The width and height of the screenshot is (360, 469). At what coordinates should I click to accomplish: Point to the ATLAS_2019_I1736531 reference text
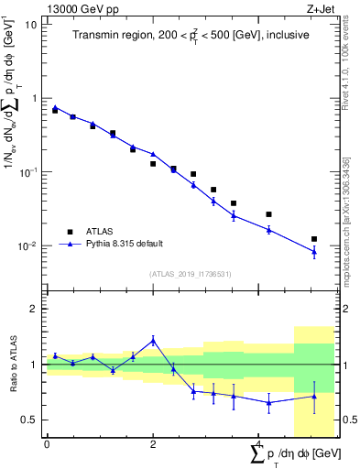(191, 273)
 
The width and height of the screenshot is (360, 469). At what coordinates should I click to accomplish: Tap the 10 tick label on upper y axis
(31, 24)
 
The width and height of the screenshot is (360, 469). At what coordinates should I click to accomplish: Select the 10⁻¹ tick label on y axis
(28, 172)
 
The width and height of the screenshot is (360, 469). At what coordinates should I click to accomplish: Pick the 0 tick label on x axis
(47, 444)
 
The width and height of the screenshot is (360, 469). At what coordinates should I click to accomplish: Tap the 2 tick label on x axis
(153, 444)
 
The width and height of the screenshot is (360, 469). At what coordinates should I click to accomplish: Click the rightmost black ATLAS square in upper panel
(314, 239)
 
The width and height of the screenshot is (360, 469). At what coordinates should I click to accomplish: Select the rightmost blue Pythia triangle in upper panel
(314, 252)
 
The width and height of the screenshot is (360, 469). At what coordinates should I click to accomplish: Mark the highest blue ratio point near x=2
(153, 340)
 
